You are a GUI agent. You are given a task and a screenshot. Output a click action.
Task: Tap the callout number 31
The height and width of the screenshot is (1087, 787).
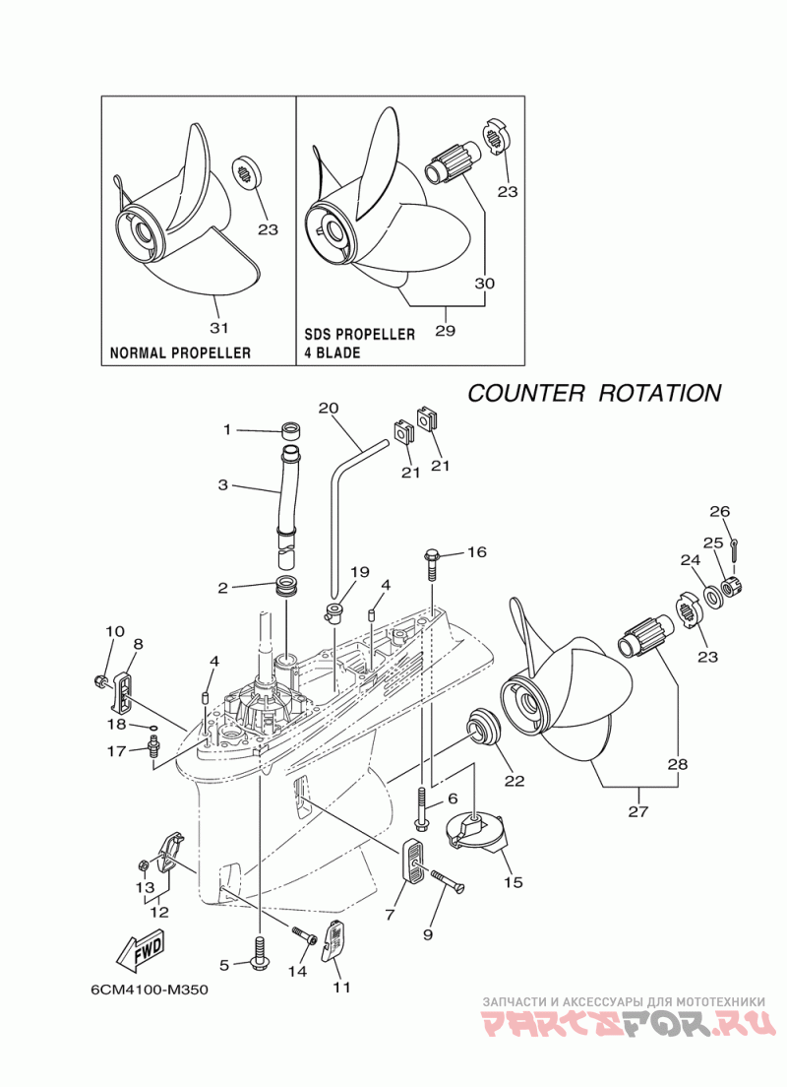pyautogui.click(x=219, y=327)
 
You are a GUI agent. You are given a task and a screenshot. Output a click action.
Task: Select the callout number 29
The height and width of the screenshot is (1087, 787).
pyautogui.click(x=445, y=331)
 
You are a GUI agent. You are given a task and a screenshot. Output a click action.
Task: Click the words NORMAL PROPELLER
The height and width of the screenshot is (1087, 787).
pyautogui.click(x=180, y=352)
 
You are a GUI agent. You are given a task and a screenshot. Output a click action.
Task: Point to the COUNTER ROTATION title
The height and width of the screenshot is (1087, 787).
pyautogui.click(x=593, y=393)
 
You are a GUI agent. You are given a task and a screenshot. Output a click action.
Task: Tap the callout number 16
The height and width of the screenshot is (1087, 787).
pyautogui.click(x=476, y=552)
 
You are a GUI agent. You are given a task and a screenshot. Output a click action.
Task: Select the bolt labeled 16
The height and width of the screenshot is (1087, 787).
pyautogui.click(x=434, y=562)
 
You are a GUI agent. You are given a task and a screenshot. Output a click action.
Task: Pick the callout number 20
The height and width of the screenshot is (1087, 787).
pyautogui.click(x=329, y=408)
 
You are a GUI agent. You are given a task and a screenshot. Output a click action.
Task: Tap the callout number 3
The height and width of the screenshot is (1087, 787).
pyautogui.click(x=223, y=484)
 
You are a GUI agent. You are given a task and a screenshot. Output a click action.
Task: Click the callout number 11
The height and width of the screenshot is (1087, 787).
pyautogui.click(x=341, y=986)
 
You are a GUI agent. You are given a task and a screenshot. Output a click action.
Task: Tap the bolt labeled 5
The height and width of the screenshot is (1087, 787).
pyautogui.click(x=260, y=953)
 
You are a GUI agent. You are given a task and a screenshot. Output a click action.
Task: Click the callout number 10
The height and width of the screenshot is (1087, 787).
pyautogui.click(x=115, y=631)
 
